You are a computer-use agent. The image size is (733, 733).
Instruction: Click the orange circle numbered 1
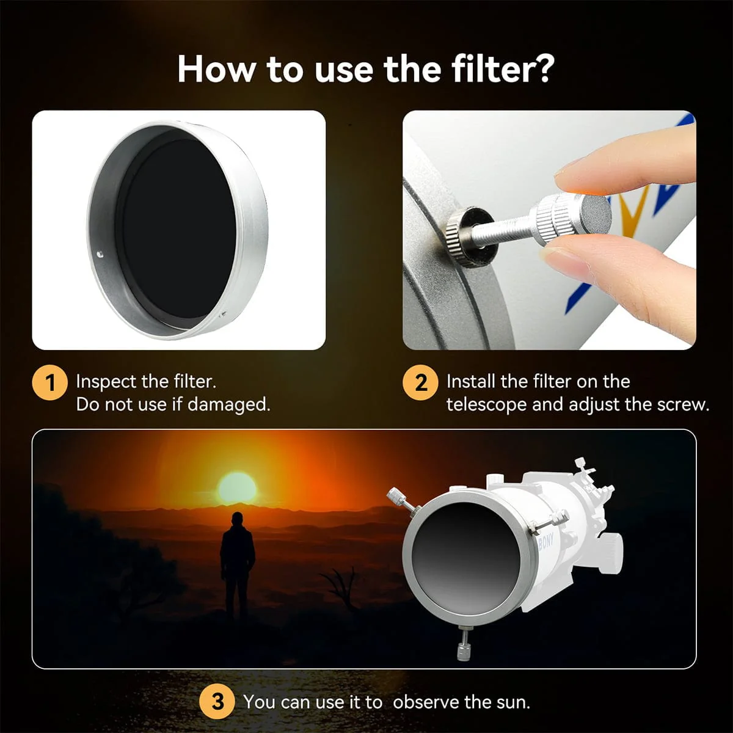50,382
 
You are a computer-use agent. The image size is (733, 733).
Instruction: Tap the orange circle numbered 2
420,382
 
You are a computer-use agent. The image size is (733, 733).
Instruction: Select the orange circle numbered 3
217,702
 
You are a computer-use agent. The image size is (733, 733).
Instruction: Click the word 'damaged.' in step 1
229,405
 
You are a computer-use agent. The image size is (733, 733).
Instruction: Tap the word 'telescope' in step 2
486,405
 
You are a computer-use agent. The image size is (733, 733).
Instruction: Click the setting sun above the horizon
236,488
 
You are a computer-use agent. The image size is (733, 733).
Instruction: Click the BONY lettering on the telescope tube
546,541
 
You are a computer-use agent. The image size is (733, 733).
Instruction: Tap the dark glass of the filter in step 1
179,228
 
